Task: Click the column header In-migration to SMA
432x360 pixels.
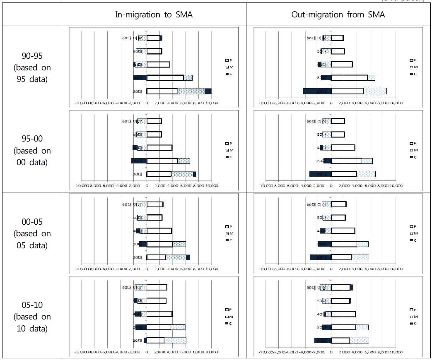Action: tap(154, 14)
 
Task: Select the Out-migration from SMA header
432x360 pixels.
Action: tap(338, 14)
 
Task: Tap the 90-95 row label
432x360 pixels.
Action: tap(32, 67)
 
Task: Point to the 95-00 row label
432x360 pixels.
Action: tap(32, 150)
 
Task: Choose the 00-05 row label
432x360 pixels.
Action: tap(32, 233)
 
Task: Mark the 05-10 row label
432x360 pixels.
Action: tap(32, 317)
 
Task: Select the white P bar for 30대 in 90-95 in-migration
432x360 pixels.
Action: tap(165, 78)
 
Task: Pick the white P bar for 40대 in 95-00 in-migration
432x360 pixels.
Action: tap(159, 148)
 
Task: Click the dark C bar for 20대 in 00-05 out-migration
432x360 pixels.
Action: tap(318, 257)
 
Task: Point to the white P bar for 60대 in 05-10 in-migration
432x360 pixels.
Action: tap(157, 287)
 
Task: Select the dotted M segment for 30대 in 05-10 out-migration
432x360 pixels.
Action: tap(362, 327)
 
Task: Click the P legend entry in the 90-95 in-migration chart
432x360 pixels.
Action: tap(227, 60)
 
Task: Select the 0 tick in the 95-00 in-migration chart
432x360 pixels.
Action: tap(147, 186)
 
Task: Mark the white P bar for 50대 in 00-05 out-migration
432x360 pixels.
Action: tap(338, 218)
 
